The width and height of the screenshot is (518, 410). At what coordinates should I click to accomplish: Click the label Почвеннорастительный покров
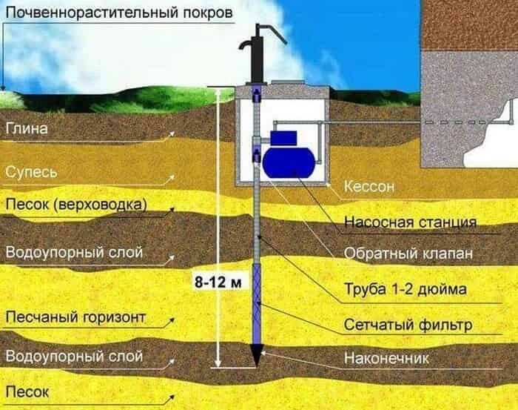(x=119, y=13)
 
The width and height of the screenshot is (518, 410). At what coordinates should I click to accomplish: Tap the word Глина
(x=27, y=128)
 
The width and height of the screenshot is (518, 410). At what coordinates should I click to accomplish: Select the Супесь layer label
(x=31, y=173)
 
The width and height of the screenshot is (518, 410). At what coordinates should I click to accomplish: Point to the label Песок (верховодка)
(x=76, y=205)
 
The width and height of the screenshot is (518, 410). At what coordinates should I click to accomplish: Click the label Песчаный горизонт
(x=75, y=317)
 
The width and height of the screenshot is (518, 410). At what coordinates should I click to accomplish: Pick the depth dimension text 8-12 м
(x=218, y=282)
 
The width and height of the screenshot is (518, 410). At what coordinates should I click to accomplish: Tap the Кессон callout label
(x=369, y=187)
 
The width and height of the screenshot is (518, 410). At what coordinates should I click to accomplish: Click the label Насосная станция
(x=410, y=222)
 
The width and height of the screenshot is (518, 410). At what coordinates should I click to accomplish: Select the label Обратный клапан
(x=408, y=254)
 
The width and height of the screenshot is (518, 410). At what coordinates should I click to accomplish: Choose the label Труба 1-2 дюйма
(x=406, y=289)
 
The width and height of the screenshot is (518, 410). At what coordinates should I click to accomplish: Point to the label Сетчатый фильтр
(x=408, y=325)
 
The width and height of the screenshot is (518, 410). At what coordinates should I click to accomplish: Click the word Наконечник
(x=386, y=358)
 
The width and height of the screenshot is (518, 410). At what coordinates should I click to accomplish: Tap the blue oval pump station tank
(x=289, y=162)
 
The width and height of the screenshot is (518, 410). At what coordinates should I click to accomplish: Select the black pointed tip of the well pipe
(x=257, y=355)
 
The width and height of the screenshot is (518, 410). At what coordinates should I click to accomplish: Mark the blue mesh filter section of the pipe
(x=257, y=304)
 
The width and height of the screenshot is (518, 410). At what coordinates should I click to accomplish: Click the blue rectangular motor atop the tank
(x=283, y=139)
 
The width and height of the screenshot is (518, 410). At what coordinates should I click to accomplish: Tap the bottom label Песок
(x=27, y=392)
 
